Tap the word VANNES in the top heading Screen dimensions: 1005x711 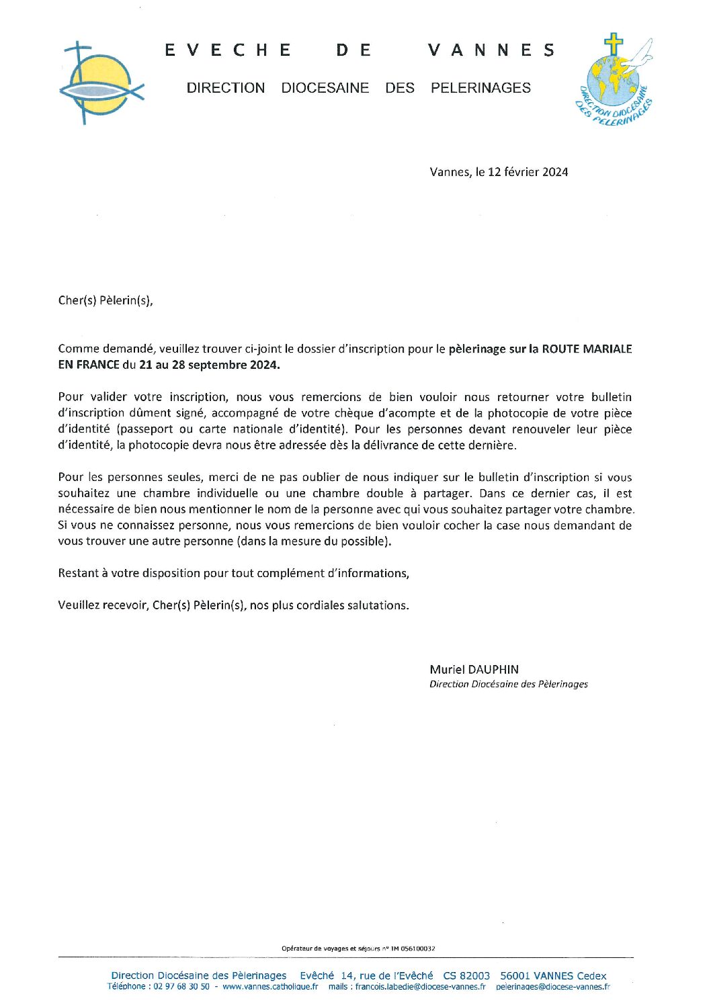click(491, 50)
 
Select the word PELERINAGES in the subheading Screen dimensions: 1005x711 click(480, 88)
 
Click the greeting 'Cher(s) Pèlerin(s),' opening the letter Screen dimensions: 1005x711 click(106, 300)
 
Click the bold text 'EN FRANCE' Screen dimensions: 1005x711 click(89, 365)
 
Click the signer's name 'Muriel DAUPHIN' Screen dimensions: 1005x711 click(474, 669)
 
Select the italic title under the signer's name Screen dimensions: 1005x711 click(509, 684)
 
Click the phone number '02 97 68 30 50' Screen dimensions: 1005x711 click(181, 986)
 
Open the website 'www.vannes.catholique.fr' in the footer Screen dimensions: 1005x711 click(270, 986)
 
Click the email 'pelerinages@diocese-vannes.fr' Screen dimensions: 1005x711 click(552, 986)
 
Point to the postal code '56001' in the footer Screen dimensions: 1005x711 click(515, 975)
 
